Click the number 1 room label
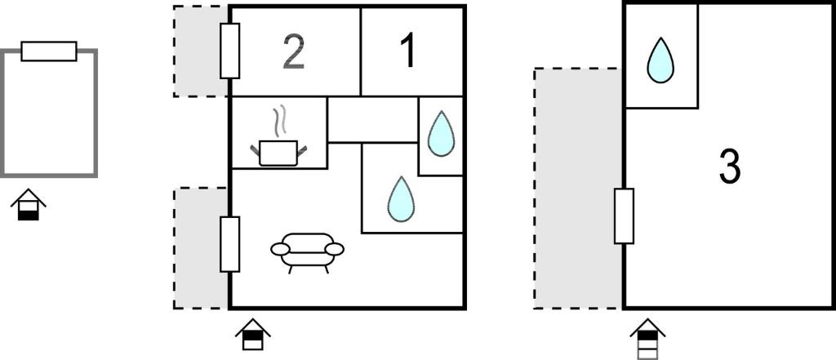[x=409, y=51]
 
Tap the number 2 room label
[x=294, y=52]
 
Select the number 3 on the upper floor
[x=730, y=167]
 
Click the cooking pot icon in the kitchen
[x=279, y=153]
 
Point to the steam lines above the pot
[x=279, y=121]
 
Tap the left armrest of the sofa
[x=280, y=249]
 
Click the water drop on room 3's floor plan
[x=660, y=60]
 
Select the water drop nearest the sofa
[x=401, y=200]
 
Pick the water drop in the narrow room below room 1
[x=441, y=135]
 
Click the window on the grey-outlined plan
[x=49, y=51]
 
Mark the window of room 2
[x=229, y=51]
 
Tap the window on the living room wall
[x=229, y=244]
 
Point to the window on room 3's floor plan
[x=624, y=216]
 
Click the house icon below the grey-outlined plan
[x=29, y=205]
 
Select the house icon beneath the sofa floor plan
[x=253, y=335]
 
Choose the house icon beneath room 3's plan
[x=647, y=339]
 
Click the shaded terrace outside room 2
[x=201, y=51]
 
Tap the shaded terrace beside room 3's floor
[x=578, y=189]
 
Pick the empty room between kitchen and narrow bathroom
[x=372, y=119]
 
